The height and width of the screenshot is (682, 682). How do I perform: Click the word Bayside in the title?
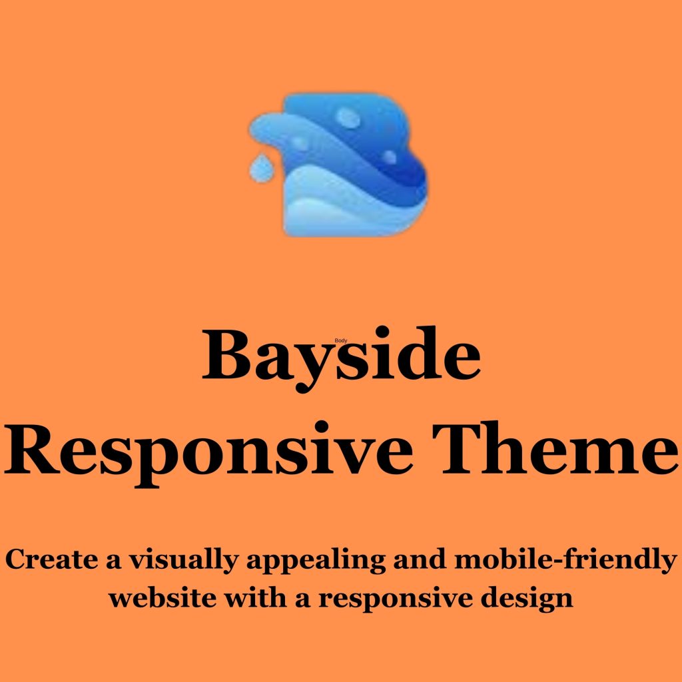click(x=341, y=358)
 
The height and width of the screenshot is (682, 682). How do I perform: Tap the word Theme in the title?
click(x=555, y=448)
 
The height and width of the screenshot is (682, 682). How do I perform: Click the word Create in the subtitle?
click(x=51, y=559)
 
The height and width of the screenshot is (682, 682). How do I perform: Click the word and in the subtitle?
click(x=420, y=559)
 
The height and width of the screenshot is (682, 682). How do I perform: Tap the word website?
click(x=163, y=598)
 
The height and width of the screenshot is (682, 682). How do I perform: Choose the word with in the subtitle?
click(x=255, y=597)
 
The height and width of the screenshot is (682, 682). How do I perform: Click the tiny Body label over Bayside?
click(x=341, y=340)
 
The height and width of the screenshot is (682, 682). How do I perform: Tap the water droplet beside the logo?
click(x=261, y=167)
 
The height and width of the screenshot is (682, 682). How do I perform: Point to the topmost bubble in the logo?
click(x=348, y=118)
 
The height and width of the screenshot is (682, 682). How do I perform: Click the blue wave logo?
click(x=338, y=165)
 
